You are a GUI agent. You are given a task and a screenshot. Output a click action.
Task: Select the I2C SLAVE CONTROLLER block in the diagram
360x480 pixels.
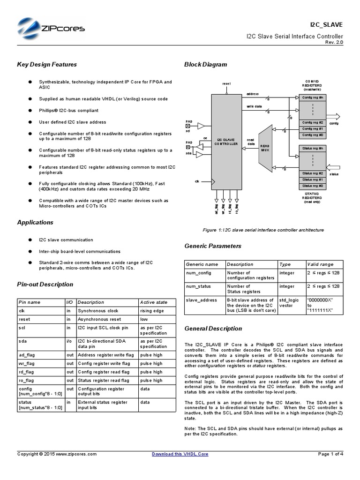pyautogui.click(x=226, y=142)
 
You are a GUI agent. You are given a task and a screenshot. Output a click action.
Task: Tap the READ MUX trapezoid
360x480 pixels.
pyautogui.click(x=265, y=146)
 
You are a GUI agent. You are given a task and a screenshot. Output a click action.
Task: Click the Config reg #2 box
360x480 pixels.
pyautogui.click(x=312, y=122)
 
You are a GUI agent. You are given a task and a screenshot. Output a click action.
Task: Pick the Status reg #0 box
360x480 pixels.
pyautogui.click(x=312, y=186)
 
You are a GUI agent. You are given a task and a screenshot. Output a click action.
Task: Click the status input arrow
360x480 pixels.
pyautogui.click(x=333, y=167)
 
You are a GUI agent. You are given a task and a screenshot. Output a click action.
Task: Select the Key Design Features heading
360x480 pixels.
pyautogui.click(x=47, y=65)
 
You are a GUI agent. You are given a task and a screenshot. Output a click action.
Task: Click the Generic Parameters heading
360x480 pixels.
pyautogui.click(x=213, y=246)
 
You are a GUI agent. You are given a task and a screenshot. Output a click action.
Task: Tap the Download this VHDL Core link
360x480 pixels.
pyautogui.click(x=180, y=454)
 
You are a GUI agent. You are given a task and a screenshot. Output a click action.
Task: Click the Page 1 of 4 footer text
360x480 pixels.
pyautogui.click(x=330, y=454)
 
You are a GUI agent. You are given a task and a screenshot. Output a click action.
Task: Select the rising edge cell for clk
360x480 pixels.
pyautogui.click(x=151, y=311)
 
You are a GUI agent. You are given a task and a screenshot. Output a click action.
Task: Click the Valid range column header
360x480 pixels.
pyautogui.click(x=320, y=264)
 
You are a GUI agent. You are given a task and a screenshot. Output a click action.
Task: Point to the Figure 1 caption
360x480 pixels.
pyautogui.click(x=263, y=230)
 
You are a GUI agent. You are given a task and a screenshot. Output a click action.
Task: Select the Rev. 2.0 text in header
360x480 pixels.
pyautogui.click(x=334, y=42)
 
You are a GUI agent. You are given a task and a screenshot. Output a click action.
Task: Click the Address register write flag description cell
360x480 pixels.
pyautogui.click(x=106, y=355)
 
